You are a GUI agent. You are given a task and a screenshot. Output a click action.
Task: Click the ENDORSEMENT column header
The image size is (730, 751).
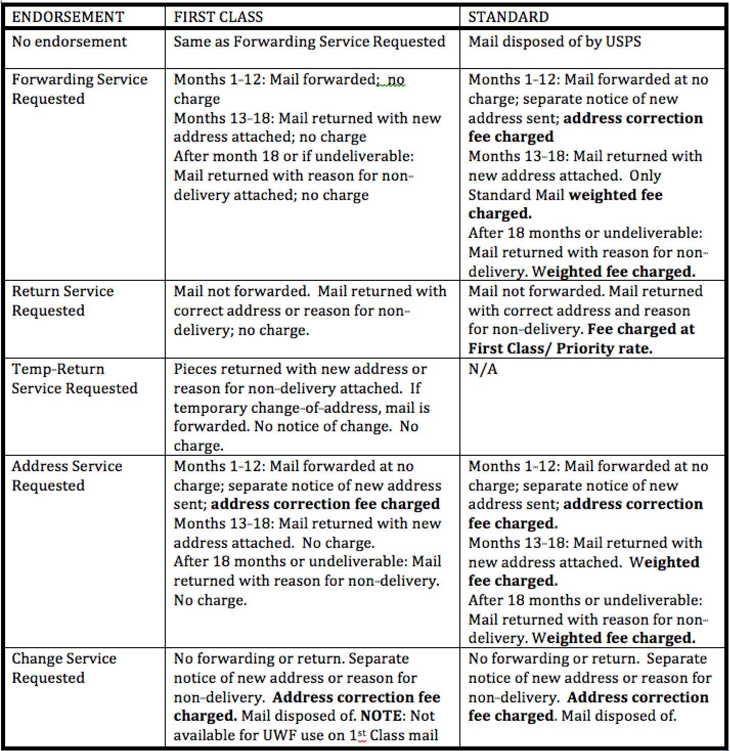(68, 17)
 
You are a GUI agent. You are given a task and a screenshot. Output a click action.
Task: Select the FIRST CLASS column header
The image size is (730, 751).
(218, 17)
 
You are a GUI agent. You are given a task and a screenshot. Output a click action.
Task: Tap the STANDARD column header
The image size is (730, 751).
(508, 17)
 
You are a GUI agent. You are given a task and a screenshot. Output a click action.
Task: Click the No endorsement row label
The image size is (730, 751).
(69, 41)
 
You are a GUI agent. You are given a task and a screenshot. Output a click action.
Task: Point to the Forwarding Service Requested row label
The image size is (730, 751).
(79, 89)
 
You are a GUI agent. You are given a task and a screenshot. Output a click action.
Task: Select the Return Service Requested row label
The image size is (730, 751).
(62, 301)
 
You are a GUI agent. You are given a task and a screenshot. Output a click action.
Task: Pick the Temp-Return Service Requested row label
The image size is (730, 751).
(74, 379)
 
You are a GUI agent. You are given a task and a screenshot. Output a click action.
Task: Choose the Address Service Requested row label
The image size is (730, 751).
(67, 476)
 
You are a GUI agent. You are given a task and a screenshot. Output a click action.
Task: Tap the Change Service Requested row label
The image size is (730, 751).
(64, 668)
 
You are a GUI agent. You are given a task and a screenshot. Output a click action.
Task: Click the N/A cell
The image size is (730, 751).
(482, 369)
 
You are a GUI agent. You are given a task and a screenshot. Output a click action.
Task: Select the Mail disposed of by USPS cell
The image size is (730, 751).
(555, 41)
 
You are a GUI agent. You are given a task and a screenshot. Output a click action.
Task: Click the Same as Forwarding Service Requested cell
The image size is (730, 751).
(309, 41)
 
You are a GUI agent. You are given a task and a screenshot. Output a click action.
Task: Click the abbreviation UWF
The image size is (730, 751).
(278, 736)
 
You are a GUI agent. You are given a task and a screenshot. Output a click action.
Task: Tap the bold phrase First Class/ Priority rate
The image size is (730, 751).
(560, 349)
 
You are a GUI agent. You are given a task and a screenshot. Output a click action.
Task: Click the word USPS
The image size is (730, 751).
(623, 41)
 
